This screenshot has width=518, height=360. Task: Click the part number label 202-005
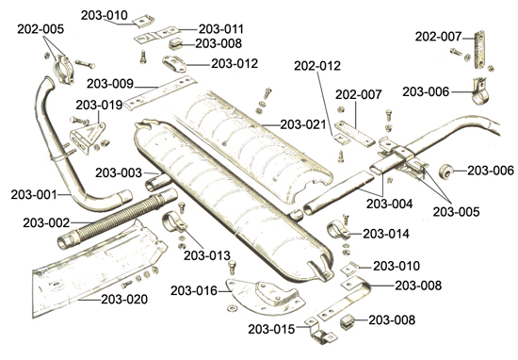pyautogui.click(x=40, y=29)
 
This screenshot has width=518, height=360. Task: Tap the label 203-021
pyautogui.click(x=303, y=124)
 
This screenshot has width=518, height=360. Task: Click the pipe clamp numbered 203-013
pyautogui.click(x=174, y=223)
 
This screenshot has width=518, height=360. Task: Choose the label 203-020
pyautogui.click(x=124, y=300)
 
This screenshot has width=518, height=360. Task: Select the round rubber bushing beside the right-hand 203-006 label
pyautogui.click(x=445, y=172)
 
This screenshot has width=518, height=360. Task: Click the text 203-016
pyautogui.click(x=194, y=291)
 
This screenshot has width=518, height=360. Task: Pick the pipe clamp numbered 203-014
pyautogui.click(x=337, y=230)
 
